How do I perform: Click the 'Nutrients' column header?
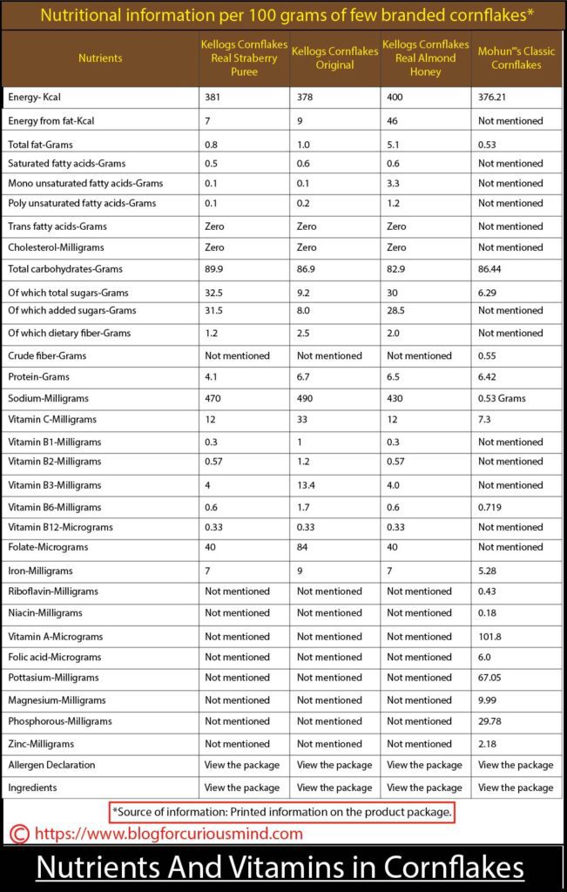100,58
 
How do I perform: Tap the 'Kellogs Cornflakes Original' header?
335,58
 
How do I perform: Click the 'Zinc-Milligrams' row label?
41,744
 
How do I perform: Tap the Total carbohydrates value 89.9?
216,270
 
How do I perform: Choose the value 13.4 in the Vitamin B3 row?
307,485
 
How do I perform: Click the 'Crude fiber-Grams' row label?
47,355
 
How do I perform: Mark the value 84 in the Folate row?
303,548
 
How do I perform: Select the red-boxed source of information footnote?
282,812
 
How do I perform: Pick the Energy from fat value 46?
393,120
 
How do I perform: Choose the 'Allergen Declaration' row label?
51,765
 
